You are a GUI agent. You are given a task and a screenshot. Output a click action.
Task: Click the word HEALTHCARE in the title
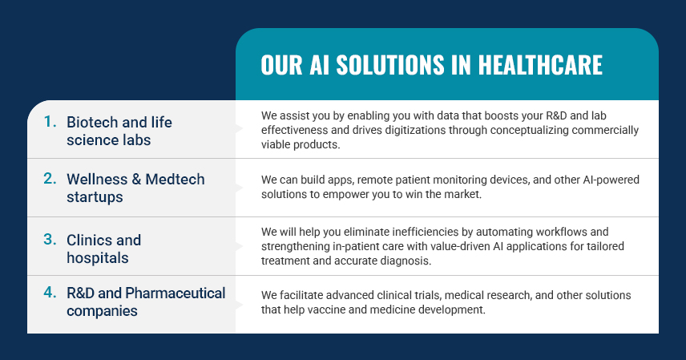(540, 65)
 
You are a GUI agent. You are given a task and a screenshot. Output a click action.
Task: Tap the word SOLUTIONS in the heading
(390, 65)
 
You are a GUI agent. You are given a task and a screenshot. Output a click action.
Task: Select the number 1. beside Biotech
(50, 121)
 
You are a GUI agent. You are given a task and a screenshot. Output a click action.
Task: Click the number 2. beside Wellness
(50, 178)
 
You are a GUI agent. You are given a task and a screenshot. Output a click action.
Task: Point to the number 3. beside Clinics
(50, 239)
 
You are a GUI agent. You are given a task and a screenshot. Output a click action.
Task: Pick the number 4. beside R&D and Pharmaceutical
(50, 292)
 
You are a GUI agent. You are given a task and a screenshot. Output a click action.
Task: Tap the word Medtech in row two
(175, 179)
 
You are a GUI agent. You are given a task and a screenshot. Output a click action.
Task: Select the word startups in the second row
(95, 197)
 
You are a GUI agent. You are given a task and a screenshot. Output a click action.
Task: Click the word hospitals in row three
(98, 258)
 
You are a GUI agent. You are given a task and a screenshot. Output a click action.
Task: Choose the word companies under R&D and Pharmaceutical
(102, 311)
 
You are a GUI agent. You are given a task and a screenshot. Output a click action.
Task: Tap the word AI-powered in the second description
(611, 180)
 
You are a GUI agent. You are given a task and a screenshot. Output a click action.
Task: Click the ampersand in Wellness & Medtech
(136, 179)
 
